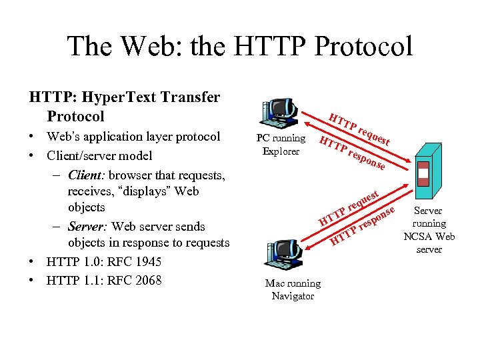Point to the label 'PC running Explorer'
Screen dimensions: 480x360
click(281, 145)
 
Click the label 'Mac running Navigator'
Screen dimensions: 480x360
click(293, 289)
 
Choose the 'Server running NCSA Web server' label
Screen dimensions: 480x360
click(429, 230)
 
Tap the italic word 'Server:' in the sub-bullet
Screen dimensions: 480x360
click(89, 227)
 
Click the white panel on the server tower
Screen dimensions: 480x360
click(423, 173)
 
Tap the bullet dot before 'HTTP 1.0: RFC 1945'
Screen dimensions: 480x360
click(33, 262)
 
